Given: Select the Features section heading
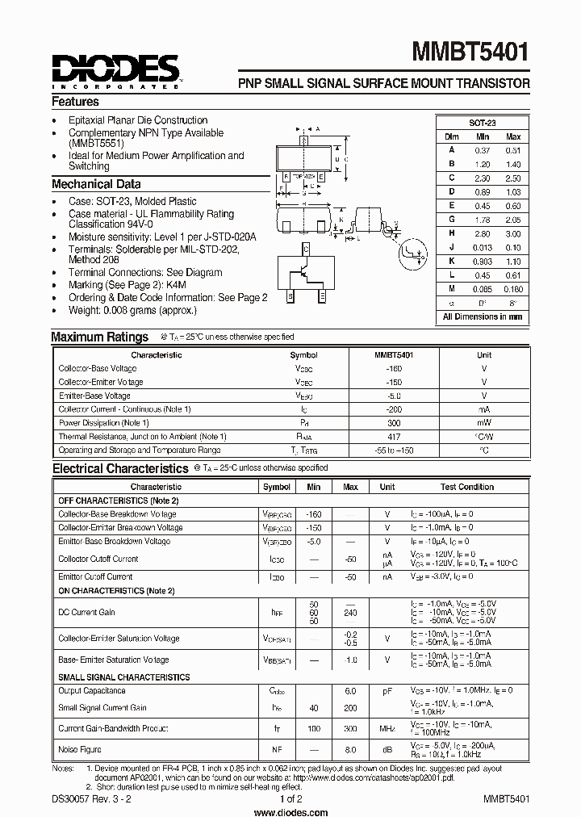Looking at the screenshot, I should point(75,103).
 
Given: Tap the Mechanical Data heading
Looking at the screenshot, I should point(96,184).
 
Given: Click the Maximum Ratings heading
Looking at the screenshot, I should point(99,337).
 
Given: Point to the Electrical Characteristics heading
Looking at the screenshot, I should point(119,468).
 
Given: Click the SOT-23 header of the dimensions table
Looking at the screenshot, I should point(483,123).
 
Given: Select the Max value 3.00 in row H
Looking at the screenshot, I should point(512,233).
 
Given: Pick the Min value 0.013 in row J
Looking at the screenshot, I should point(483,247).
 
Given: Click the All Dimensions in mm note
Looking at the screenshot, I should point(483,317).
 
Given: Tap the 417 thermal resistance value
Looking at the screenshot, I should point(394,437).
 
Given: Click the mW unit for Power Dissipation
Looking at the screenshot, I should point(483,423).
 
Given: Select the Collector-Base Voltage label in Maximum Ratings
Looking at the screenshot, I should point(98,369).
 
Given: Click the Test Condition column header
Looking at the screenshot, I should point(466,487).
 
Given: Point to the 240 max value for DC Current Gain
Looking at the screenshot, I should point(350,604).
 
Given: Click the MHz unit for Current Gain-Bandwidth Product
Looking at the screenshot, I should point(387,729).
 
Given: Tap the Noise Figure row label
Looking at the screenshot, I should point(78,750).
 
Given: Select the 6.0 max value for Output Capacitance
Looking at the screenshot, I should point(350,691).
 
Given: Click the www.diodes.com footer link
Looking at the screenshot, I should point(290,810).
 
